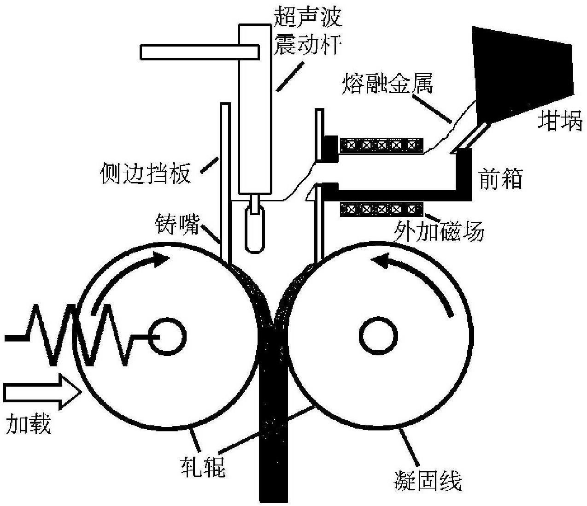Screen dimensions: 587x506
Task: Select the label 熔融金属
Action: click(388, 83)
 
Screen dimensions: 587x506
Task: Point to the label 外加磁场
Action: click(439, 231)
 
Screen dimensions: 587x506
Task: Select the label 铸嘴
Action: click(176, 224)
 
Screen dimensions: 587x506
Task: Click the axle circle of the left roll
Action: click(168, 336)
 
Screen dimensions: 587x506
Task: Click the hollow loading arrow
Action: click(42, 392)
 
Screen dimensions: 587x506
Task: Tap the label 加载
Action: click(29, 424)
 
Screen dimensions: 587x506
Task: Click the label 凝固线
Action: click(428, 480)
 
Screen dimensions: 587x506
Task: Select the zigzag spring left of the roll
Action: click(82, 335)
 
